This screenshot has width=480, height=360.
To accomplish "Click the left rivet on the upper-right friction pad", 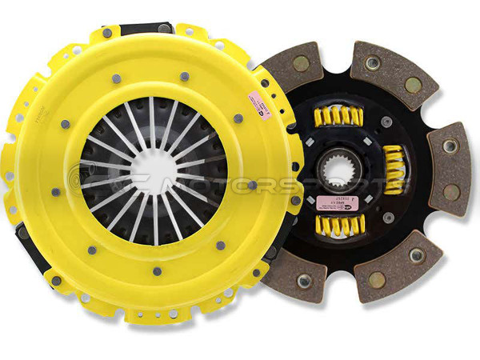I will (371, 63).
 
